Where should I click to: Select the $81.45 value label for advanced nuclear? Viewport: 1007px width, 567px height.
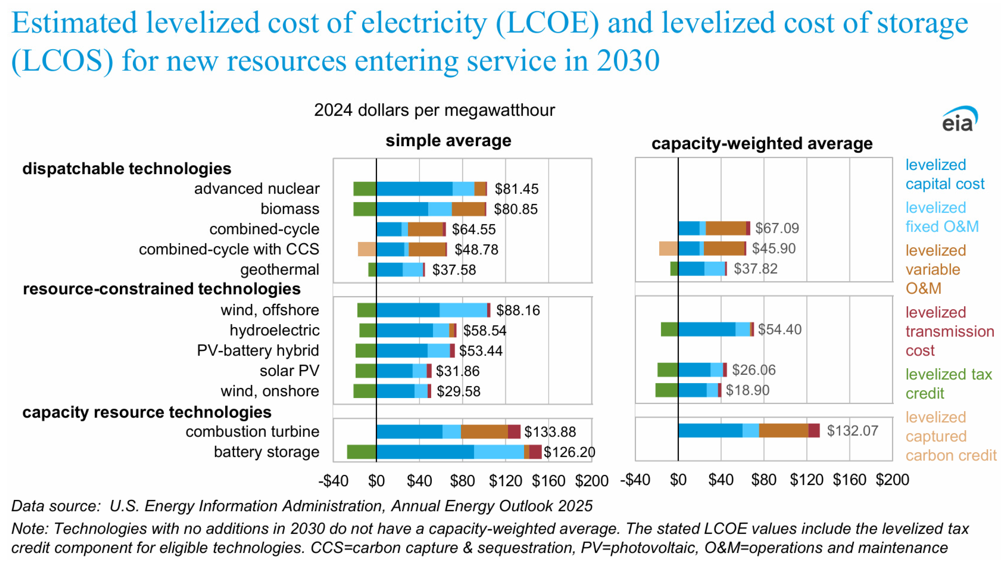click(x=517, y=189)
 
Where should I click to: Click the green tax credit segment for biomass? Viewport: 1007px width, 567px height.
click(x=364, y=209)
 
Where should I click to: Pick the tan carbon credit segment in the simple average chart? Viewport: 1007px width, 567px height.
click(x=367, y=249)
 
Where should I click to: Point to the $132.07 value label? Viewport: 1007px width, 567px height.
click(x=852, y=431)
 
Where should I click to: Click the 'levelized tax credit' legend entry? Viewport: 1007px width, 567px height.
click(x=948, y=384)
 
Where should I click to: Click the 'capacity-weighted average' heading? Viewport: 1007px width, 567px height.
click(x=761, y=144)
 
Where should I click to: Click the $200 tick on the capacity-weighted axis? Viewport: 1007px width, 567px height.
click(x=892, y=480)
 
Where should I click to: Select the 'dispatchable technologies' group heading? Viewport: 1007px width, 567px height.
click(x=127, y=168)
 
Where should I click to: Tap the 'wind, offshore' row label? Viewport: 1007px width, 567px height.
click(x=270, y=310)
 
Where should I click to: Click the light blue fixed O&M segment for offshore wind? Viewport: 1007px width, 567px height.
click(x=463, y=310)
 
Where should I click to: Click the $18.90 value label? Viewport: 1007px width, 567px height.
click(x=747, y=390)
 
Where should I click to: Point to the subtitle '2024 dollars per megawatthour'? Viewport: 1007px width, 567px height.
click(x=434, y=110)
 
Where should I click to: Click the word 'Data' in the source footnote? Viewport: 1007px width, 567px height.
click(x=25, y=506)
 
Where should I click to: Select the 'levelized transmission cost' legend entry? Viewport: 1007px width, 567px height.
click(x=949, y=331)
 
